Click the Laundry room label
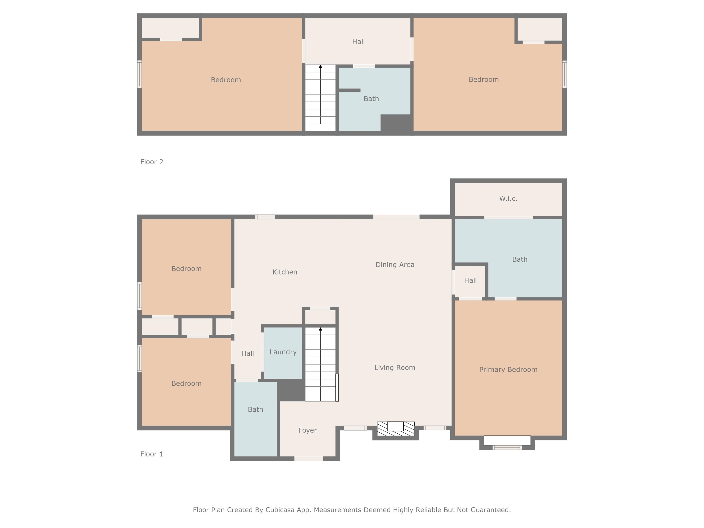click(x=283, y=352)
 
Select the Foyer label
click(x=308, y=430)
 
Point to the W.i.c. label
click(x=508, y=199)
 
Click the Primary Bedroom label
click(x=508, y=369)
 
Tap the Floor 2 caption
click(x=151, y=162)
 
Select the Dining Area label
click(x=395, y=264)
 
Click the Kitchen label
click(x=285, y=272)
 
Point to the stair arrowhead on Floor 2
click(x=321, y=66)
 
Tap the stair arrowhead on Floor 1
click(x=321, y=329)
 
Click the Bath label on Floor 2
click(x=371, y=99)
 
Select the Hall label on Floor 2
click(x=358, y=42)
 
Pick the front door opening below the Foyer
click(x=308, y=459)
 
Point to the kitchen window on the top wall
click(x=265, y=217)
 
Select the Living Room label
click(x=394, y=368)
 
